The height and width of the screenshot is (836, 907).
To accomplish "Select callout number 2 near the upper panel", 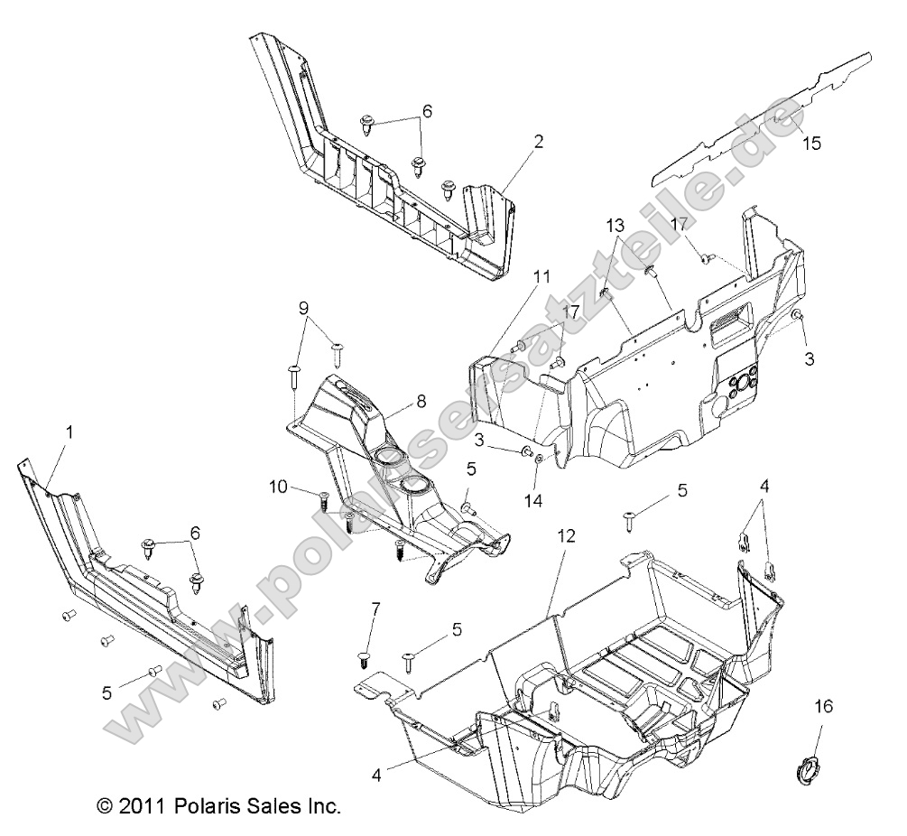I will pos(538,141).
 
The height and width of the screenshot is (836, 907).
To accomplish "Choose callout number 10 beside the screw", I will pos(279,488).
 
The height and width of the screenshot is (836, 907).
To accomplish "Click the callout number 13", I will pos(615,224).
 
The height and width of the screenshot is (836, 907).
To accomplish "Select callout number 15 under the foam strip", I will pos(811,143).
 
